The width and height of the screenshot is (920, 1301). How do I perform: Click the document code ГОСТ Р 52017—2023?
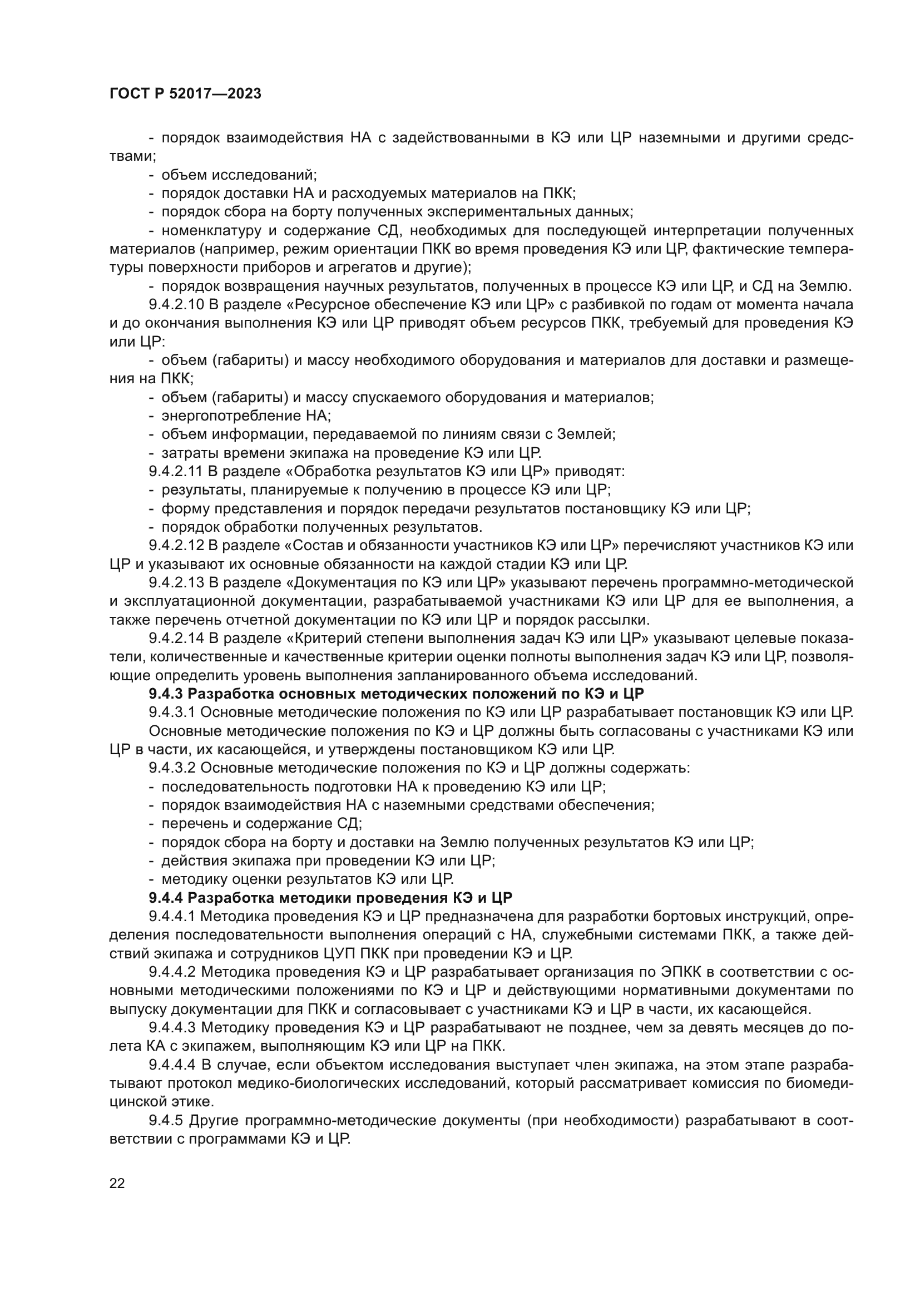point(185,94)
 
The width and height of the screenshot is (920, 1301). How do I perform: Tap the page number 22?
point(117,1183)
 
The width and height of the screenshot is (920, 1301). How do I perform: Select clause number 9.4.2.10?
point(176,305)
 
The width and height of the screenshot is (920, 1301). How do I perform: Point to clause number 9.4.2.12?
point(176,546)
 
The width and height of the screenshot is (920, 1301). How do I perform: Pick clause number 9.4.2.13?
point(176,582)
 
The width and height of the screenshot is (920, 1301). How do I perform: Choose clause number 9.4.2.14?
point(176,639)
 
